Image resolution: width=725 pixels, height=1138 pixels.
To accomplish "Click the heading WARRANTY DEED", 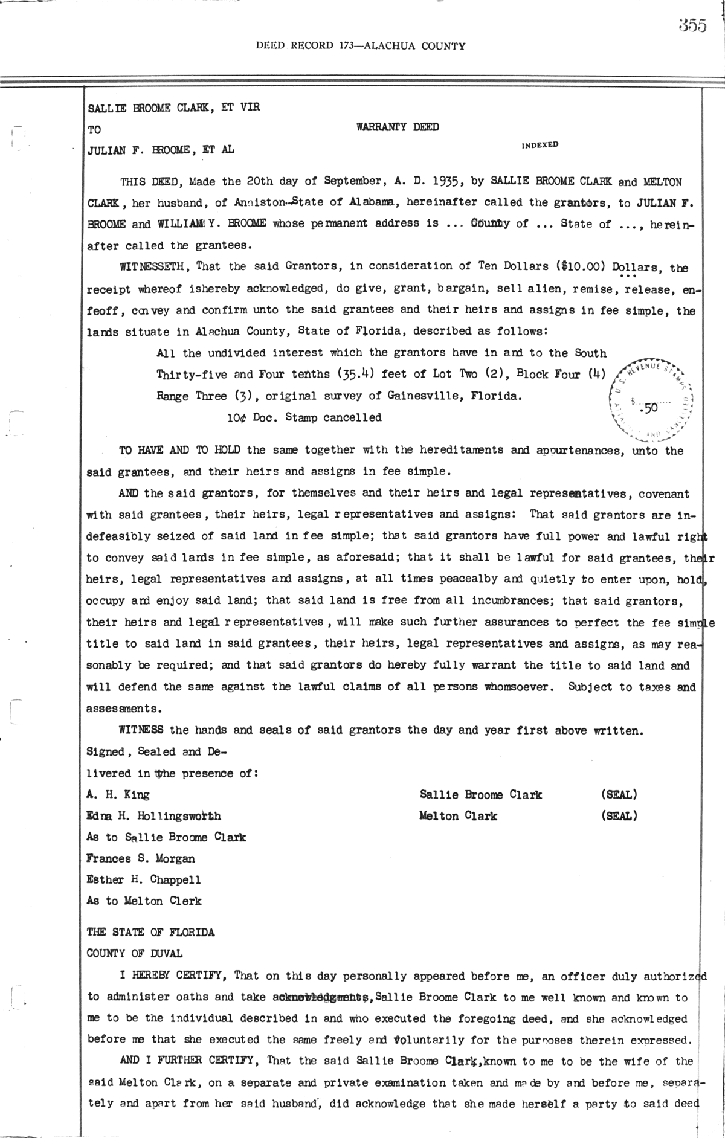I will pos(398,127).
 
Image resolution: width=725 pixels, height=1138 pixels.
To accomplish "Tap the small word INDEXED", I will pos(540,145).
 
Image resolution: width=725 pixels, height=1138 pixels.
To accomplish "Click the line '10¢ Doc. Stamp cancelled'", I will pos(300,417).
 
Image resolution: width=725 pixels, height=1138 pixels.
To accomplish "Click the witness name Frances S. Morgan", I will pos(141,858).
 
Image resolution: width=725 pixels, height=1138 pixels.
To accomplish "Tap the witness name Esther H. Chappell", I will pos(144,879).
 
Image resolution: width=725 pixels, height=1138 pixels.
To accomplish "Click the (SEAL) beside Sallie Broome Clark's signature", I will pos(619,794).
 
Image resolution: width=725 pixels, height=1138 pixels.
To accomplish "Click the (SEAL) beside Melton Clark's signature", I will pos(619,816).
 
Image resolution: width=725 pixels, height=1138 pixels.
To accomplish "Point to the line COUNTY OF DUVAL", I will pos(135,953).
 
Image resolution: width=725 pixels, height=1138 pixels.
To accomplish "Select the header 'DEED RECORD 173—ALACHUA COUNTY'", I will pos(361,45).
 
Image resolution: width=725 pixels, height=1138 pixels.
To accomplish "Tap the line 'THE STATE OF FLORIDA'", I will pos(150,932).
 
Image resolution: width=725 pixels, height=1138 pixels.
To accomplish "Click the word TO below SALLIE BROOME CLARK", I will pos(94,129).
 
